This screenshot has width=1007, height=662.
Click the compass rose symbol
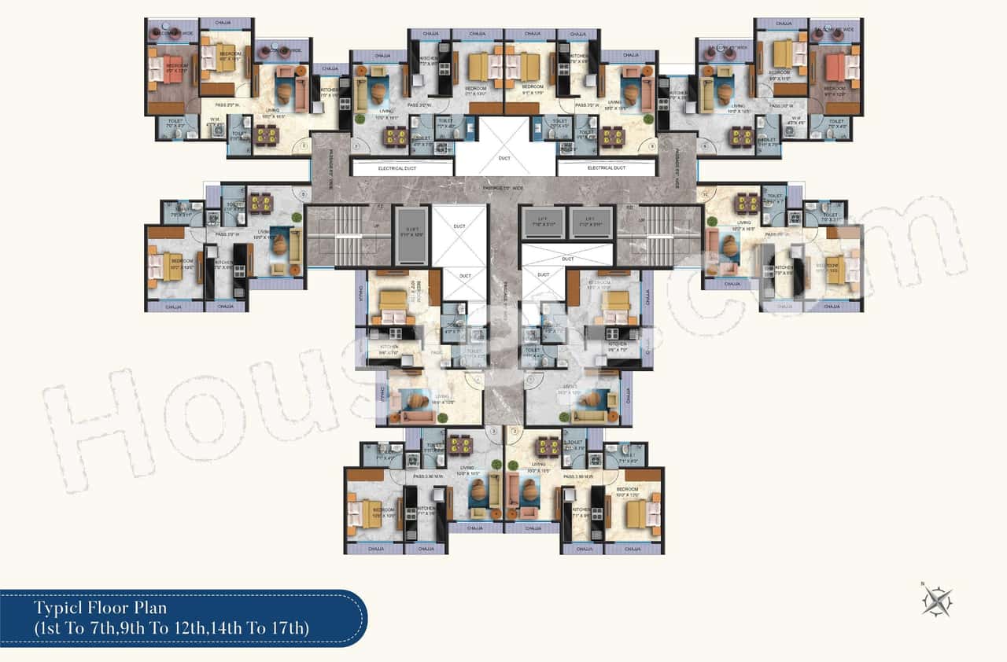click(x=938, y=601)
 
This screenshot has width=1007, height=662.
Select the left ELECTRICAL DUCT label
click(x=402, y=168)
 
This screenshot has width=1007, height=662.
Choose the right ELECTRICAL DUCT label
click(x=607, y=168)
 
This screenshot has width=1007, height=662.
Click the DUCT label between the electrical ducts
click(x=504, y=159)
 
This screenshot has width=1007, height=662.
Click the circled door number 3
click(x=493, y=431)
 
